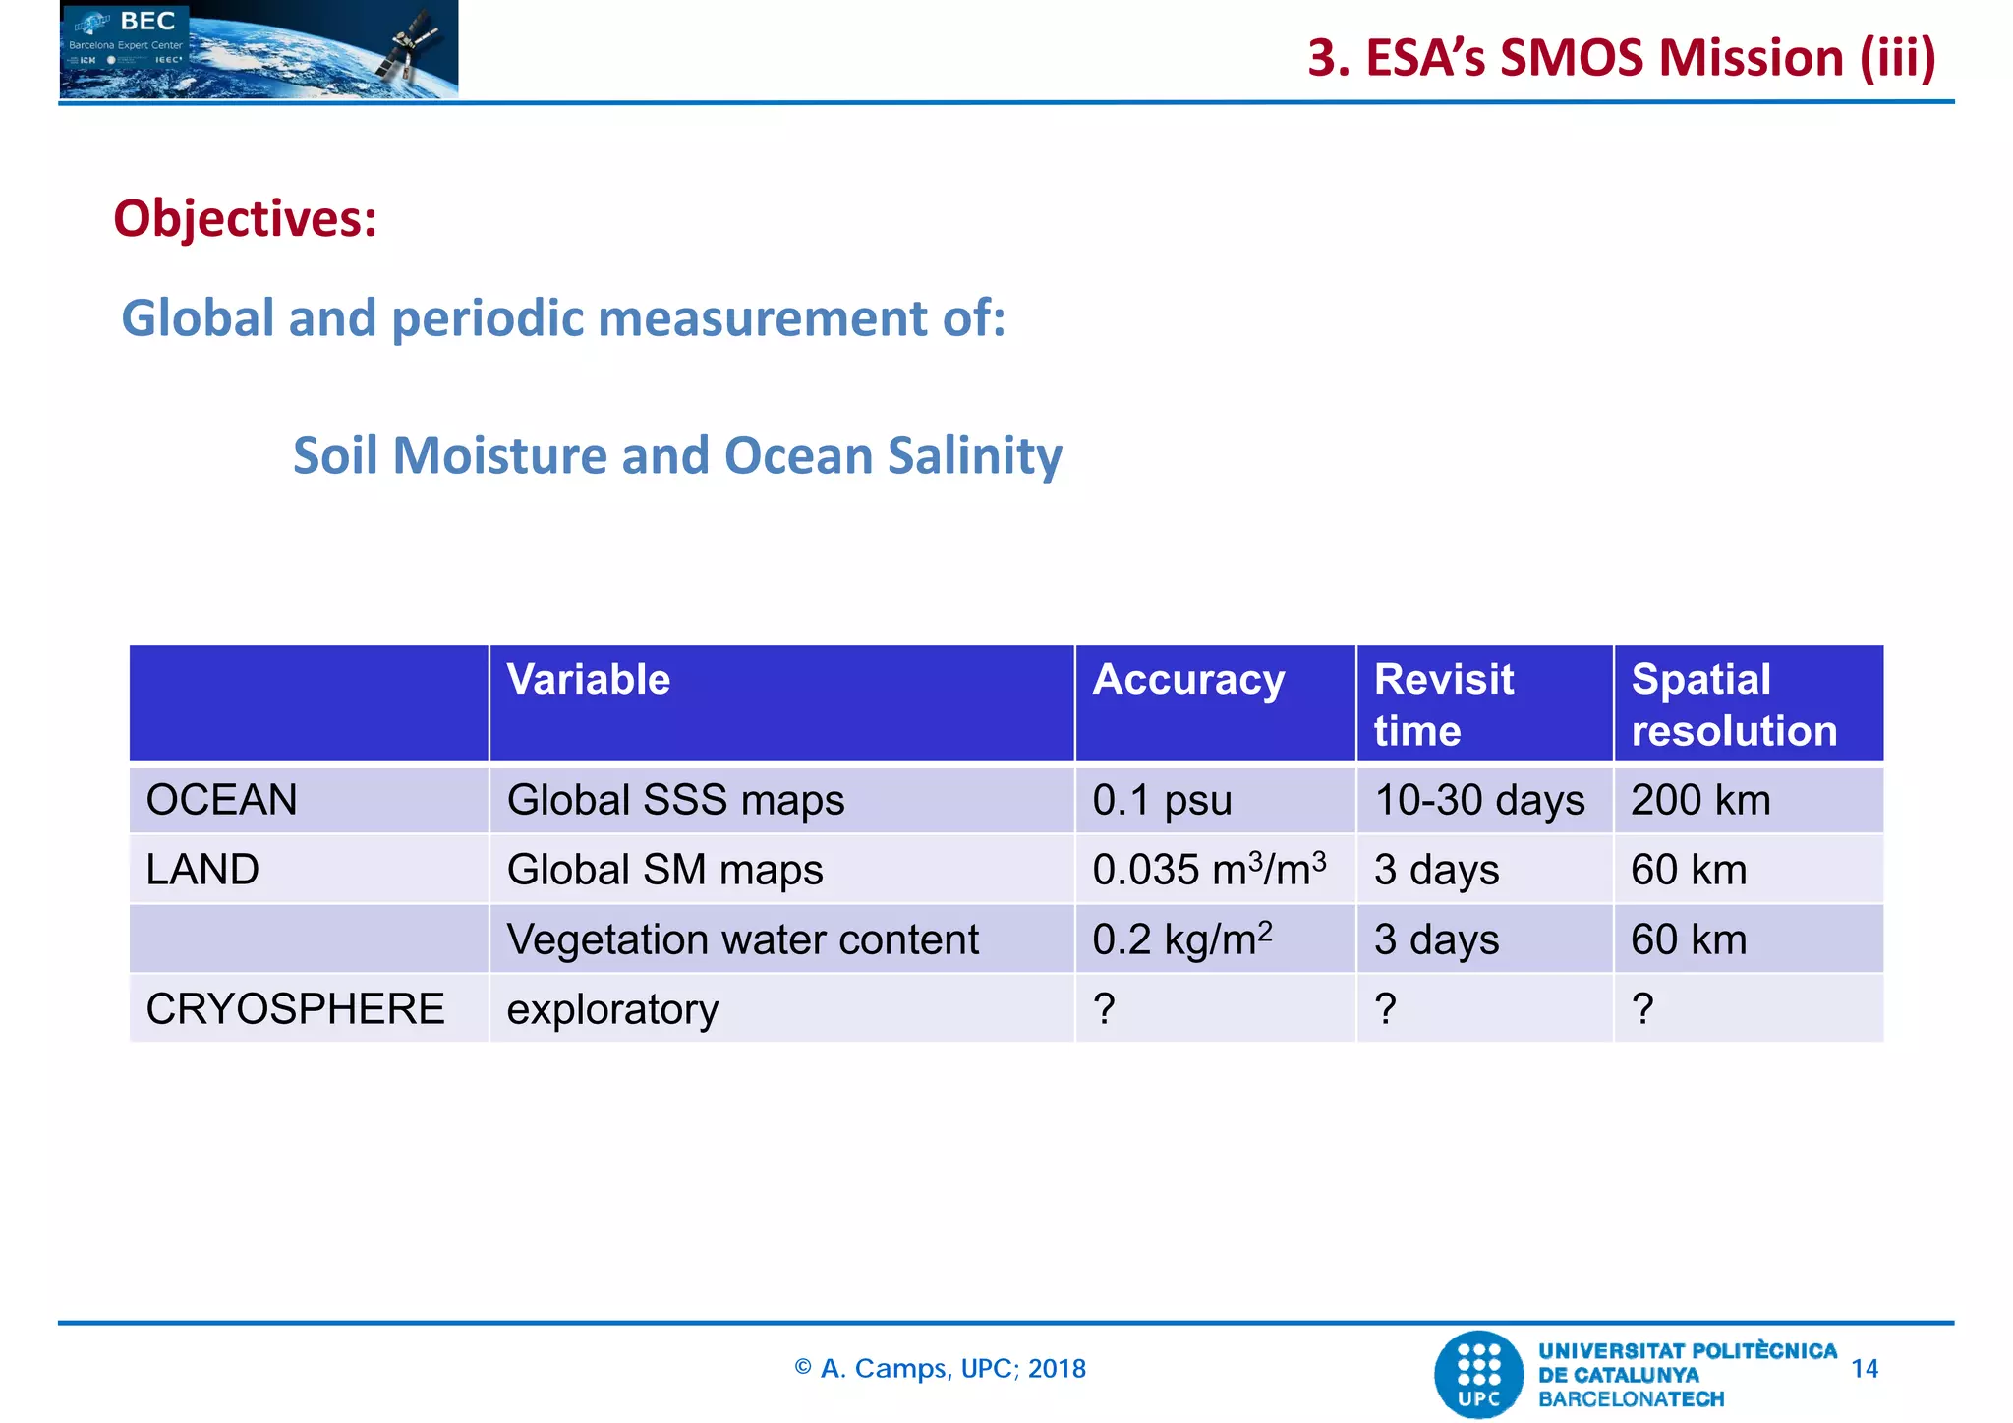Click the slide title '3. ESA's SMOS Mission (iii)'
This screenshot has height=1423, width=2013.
[1621, 57]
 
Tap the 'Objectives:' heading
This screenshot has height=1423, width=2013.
[246, 218]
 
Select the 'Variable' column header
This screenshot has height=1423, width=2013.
[588, 680]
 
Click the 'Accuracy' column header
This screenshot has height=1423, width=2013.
[1188, 680]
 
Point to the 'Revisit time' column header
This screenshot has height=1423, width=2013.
[1443, 705]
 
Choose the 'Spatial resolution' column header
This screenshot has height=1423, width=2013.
[1733, 705]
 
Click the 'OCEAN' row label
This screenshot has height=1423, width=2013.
[221, 800]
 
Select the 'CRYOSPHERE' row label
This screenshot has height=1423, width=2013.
[295, 1009]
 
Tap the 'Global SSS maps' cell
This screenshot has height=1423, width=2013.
[675, 800]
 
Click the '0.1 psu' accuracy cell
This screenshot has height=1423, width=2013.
[1162, 800]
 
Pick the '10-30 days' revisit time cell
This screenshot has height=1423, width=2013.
[1479, 800]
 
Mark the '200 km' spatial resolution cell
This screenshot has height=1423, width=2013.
[1700, 800]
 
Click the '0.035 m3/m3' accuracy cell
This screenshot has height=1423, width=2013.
[1209, 870]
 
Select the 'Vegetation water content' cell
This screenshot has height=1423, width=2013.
[742, 939]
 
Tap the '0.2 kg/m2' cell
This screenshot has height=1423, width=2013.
[1181, 939]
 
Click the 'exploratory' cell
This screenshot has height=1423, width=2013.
[612, 1009]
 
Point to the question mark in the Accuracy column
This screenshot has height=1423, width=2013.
[1104, 1009]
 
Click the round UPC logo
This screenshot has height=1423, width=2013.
[1478, 1374]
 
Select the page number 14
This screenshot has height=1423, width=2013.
[1864, 1369]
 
